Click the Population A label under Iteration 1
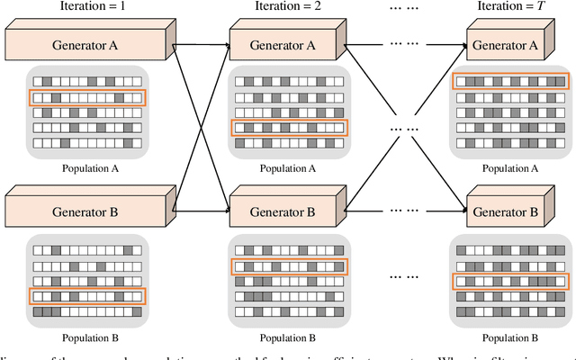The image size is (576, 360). (85, 167)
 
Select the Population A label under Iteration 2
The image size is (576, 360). (288, 167)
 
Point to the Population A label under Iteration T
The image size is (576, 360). (511, 167)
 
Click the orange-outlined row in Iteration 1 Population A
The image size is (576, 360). (85, 97)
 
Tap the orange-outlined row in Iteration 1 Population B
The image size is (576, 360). (85, 296)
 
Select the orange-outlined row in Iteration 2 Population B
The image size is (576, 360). (288, 266)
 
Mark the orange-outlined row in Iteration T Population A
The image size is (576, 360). (511, 82)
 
